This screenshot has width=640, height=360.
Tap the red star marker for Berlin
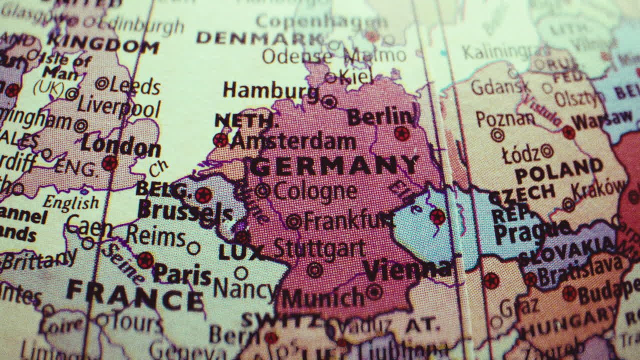point(401,133)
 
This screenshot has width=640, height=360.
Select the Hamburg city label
point(270,91)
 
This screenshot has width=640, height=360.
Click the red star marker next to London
point(109,162)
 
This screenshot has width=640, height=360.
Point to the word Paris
point(182,274)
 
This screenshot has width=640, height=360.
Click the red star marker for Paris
point(145,260)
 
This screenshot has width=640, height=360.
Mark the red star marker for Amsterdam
point(220,139)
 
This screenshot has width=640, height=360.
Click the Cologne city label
point(315,191)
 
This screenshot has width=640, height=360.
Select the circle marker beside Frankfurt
point(293,221)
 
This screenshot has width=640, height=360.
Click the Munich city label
point(322,298)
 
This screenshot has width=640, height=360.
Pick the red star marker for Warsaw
point(568,132)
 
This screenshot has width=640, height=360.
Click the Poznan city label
point(505,119)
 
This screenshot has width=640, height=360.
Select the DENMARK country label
point(260,38)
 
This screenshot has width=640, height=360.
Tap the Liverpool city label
point(119,107)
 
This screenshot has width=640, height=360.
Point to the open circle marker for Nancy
point(241,273)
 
